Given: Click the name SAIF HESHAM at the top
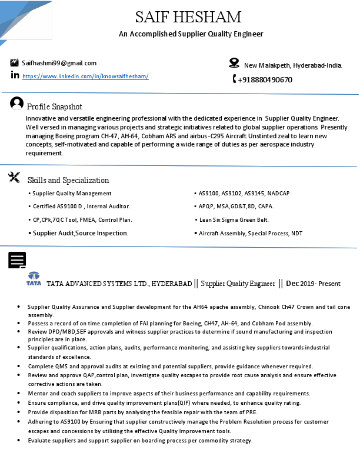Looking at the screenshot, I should [188, 16].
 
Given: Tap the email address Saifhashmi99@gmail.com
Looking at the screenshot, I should [59, 63].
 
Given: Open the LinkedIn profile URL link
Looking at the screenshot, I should [85, 76].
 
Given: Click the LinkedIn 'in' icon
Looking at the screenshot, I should [15, 75].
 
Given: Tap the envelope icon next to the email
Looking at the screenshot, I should [15, 63].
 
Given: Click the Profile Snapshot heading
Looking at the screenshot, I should [55, 106].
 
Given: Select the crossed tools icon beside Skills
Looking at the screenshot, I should [15, 177].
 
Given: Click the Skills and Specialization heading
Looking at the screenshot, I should [68, 180].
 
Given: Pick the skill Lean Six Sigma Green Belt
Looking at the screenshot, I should [234, 219].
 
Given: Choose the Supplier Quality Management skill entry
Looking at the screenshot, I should [72, 193].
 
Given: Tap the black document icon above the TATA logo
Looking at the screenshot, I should [17, 260].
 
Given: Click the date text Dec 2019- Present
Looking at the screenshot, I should [313, 284].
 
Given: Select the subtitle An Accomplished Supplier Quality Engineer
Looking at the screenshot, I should [191, 34].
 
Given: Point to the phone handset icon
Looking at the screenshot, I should [234, 79].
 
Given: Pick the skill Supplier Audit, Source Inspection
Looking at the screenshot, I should [80, 233].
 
